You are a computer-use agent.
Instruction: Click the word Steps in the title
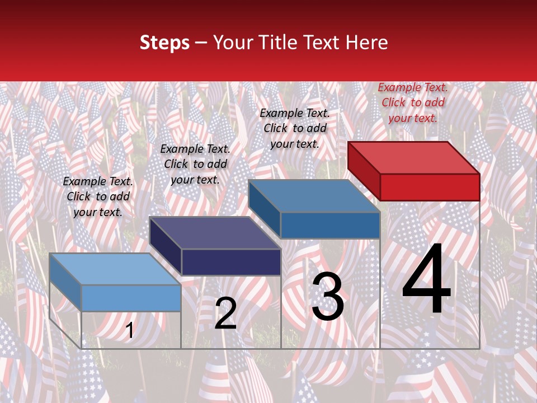(x=164, y=43)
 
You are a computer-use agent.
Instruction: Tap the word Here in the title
(x=367, y=43)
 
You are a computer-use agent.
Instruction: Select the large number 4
(x=426, y=280)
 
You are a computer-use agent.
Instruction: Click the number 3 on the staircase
(x=328, y=297)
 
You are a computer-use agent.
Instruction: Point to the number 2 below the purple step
(x=225, y=314)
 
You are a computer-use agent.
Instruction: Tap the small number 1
(x=129, y=331)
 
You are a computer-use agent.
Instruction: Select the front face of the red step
(x=430, y=187)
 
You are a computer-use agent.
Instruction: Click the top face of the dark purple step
(x=215, y=233)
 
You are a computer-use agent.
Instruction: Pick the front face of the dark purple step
(x=231, y=262)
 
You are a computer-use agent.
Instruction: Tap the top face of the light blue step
(x=115, y=269)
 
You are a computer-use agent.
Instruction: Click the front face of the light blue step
(x=131, y=298)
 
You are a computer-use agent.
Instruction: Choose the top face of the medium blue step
(x=314, y=196)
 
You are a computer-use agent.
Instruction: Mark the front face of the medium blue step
(x=330, y=225)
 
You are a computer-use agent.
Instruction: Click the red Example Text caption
(x=413, y=102)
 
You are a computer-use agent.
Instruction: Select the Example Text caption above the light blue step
(x=98, y=196)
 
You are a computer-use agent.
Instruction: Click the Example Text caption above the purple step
(x=195, y=164)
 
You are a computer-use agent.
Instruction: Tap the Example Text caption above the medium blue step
(x=295, y=128)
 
